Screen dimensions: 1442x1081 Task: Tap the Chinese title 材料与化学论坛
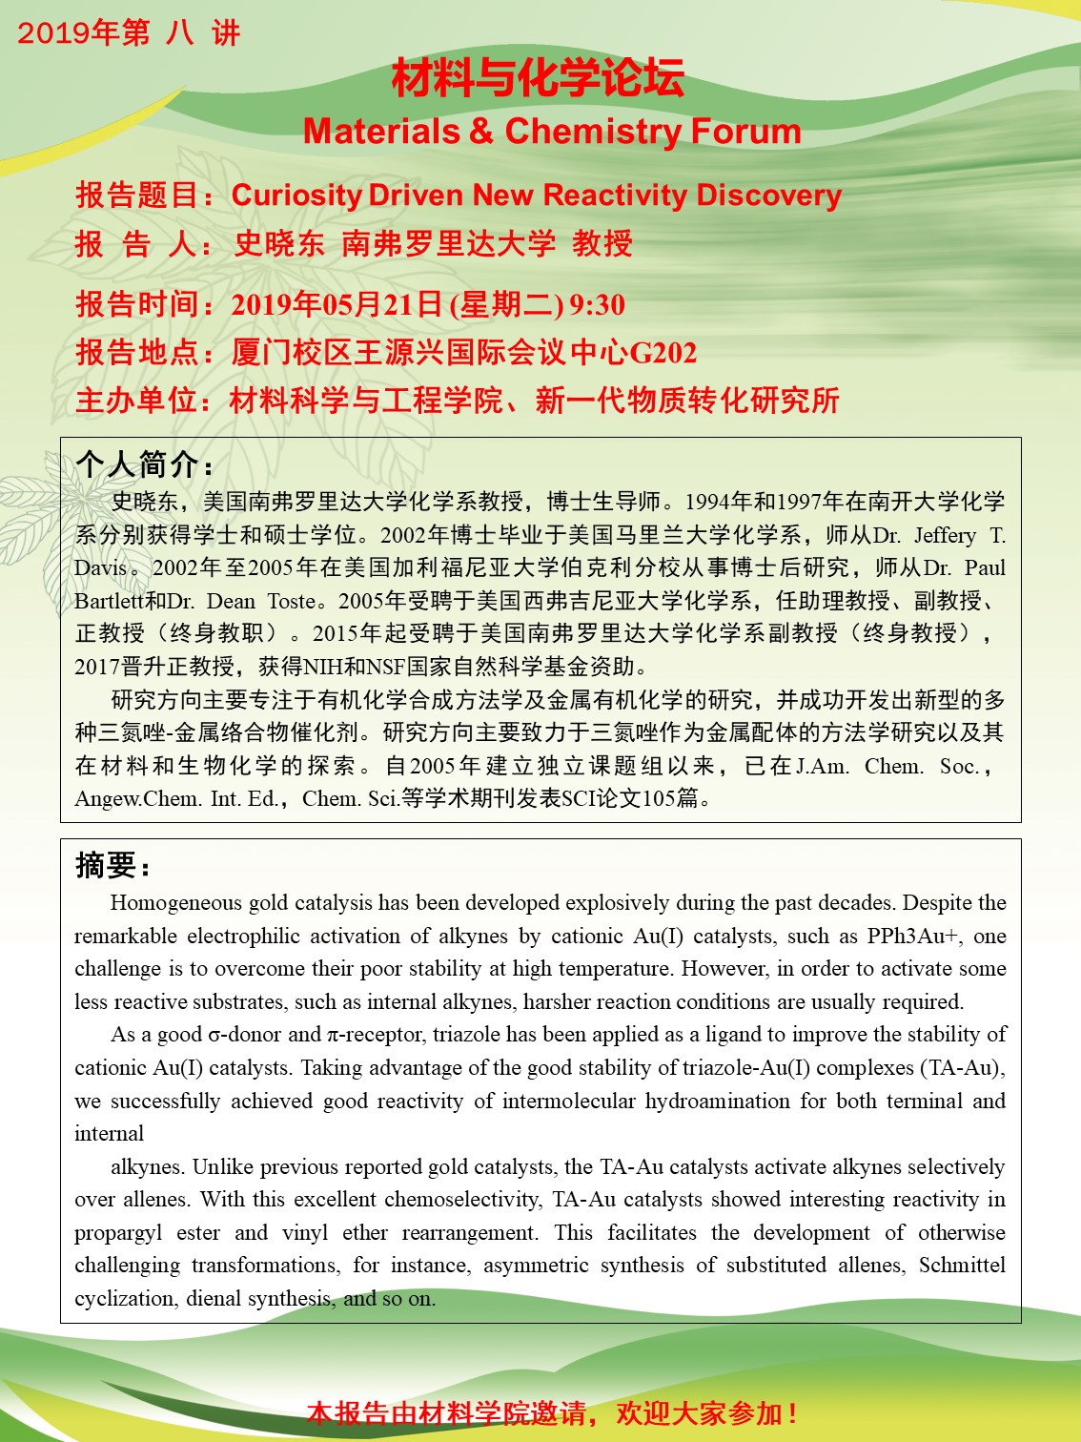[x=538, y=78]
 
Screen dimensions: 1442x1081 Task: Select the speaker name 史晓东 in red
[x=279, y=244]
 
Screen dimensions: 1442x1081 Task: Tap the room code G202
[x=663, y=353]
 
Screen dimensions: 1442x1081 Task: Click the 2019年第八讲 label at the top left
[x=129, y=33]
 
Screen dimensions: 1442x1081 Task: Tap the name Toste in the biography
[x=292, y=602]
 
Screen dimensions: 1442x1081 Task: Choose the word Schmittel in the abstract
[x=962, y=1266]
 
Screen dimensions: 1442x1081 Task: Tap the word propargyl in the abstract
[x=118, y=1233]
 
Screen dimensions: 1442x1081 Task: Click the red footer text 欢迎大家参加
[x=705, y=1413]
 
